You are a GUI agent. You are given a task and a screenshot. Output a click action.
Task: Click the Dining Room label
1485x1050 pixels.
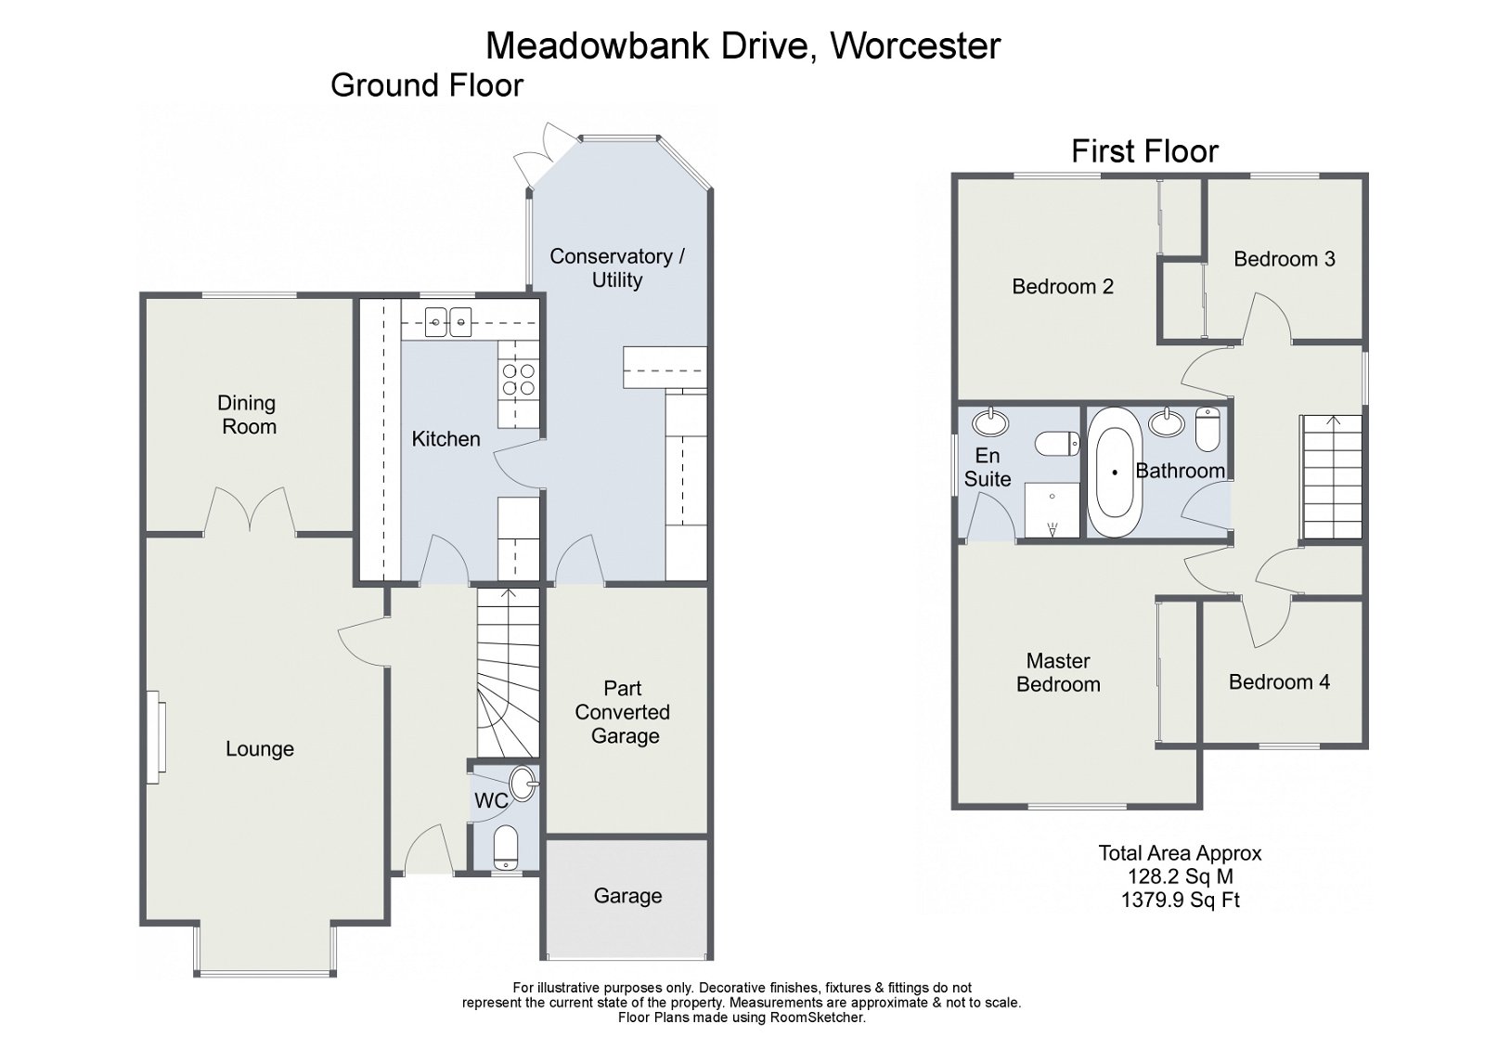[247, 415]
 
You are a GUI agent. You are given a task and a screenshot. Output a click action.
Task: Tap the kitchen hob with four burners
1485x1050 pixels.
[519, 379]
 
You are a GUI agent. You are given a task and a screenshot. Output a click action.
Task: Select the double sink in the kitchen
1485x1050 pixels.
[448, 322]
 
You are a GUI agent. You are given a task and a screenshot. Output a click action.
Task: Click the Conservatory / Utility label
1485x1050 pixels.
[616, 268]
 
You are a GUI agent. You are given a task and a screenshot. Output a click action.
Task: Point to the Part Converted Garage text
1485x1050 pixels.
[623, 712]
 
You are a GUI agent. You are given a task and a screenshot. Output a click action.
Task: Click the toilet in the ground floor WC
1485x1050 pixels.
[505, 846]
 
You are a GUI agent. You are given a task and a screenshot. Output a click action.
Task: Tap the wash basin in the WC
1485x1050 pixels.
[523, 782]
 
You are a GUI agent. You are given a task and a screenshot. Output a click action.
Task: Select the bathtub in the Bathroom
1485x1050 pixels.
[1114, 472]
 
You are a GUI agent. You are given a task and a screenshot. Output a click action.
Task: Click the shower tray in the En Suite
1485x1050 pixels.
[1052, 510]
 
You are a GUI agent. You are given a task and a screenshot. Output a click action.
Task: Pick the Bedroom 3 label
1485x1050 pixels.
[1284, 259]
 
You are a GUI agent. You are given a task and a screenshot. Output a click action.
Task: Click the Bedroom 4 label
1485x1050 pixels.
[1279, 682]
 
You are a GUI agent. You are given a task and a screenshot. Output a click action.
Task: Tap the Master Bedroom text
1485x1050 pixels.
[1058, 673]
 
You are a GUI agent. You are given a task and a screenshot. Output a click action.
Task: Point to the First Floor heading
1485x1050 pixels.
[1144, 151]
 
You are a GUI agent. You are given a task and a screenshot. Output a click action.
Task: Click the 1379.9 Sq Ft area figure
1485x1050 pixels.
[1180, 900]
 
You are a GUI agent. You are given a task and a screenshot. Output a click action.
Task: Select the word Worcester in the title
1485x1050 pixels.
[914, 45]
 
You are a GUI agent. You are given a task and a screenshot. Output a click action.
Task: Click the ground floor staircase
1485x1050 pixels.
[509, 673]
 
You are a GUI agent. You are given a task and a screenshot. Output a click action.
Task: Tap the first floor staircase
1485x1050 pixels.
[1332, 477]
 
